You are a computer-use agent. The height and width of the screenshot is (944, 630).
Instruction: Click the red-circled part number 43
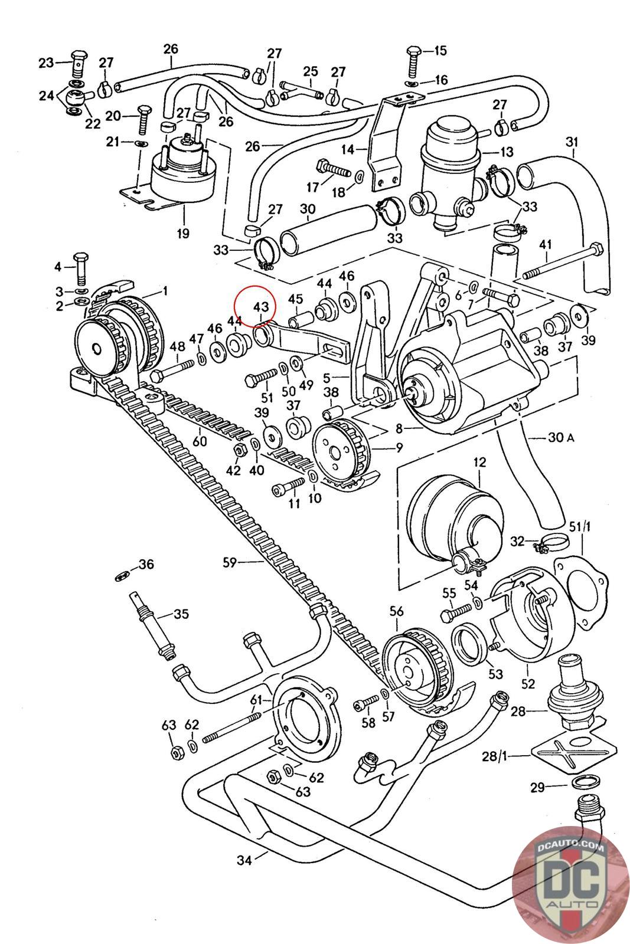pos(261,307)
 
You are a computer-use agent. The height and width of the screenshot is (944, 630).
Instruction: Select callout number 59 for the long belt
pos(229,562)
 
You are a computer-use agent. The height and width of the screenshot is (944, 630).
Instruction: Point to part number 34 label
pos(244,860)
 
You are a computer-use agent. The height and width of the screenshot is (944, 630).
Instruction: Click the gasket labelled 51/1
pos(581,591)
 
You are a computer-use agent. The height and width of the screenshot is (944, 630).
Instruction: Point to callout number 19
pos(182,233)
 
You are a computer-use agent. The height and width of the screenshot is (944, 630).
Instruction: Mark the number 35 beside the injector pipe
pos(181,614)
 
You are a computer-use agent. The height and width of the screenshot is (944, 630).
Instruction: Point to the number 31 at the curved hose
pos(572,143)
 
